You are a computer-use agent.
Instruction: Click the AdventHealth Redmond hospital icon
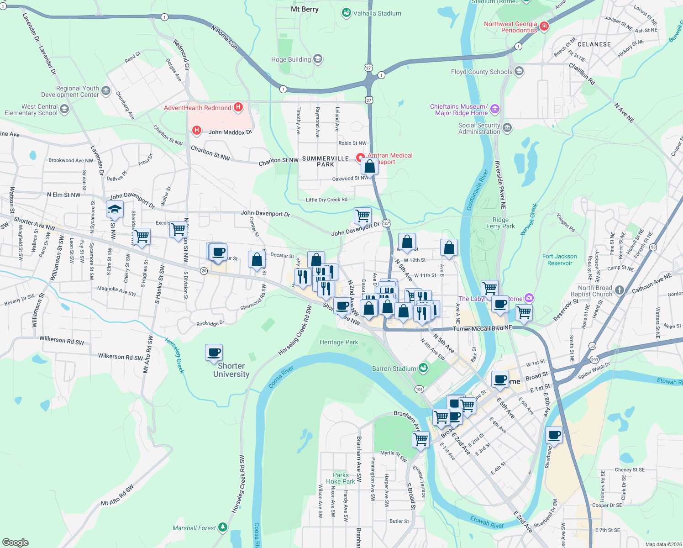coord(238,107)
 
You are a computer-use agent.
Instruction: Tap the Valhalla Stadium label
coord(377,13)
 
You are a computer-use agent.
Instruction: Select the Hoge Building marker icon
coord(318,59)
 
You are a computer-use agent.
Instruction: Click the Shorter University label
coord(231,370)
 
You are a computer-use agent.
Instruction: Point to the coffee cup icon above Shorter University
coord(214,353)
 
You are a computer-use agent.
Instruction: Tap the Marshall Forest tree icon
coord(223,527)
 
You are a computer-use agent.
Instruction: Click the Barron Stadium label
coord(394,369)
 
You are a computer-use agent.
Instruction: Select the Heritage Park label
coord(339,342)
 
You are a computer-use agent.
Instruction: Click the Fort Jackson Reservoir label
coord(559,259)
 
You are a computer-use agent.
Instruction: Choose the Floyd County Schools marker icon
coord(519,71)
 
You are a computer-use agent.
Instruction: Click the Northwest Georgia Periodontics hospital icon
coord(544,26)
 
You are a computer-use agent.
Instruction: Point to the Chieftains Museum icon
coord(495,109)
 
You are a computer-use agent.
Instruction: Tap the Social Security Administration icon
coord(507,127)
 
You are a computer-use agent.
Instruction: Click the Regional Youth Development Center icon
coord(106,91)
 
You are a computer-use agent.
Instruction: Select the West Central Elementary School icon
coord(64,109)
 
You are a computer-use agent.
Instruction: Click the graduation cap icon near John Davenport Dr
coord(115,210)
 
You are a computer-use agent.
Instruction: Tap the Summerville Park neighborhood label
coord(326,161)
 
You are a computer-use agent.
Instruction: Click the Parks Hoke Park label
coord(341,478)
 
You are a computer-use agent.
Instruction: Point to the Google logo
coord(16,542)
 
